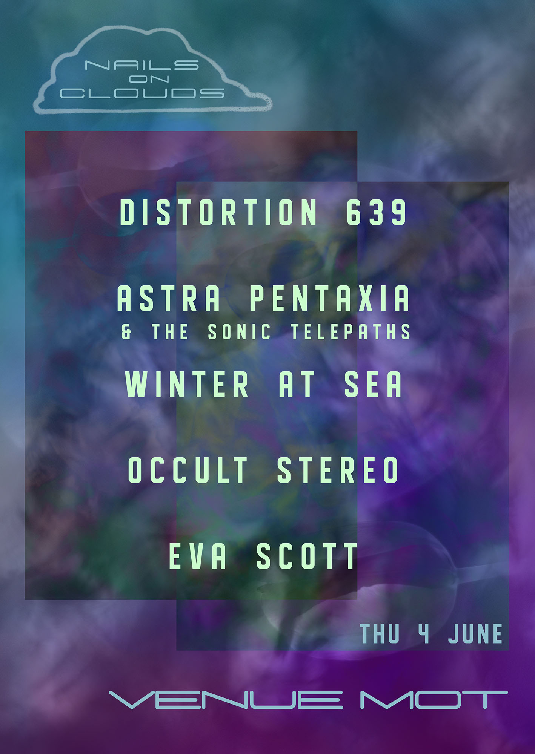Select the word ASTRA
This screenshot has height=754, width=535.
169,298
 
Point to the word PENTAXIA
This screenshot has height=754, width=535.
329,298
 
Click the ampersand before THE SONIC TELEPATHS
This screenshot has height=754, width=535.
127,332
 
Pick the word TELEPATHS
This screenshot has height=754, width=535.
351,332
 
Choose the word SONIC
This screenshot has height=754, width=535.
239,332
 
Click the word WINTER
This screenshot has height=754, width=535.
187,384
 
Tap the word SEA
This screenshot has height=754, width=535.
373,384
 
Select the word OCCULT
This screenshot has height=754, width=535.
188,470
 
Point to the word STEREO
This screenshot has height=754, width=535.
338,470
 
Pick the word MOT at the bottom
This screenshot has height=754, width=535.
434,700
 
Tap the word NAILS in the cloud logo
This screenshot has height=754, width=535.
142,65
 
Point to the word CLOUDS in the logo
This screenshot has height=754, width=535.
142,93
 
